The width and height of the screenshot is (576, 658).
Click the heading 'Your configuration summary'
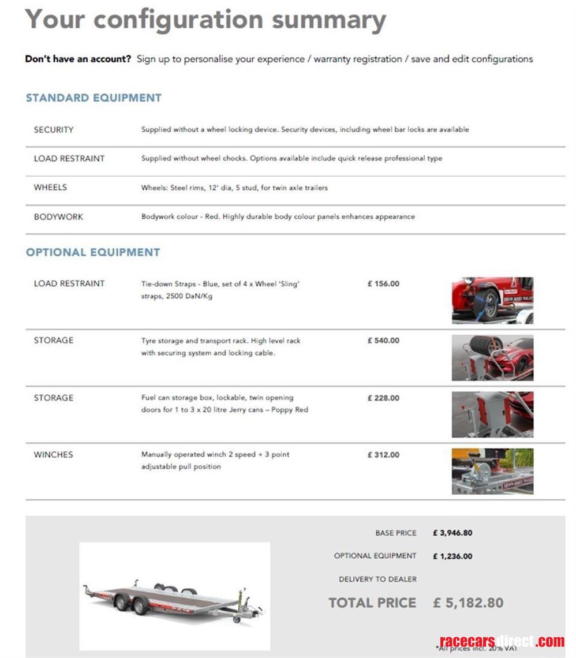(x=205, y=20)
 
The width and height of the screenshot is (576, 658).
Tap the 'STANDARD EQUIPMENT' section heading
(x=93, y=98)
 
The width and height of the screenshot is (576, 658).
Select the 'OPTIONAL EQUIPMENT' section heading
(x=93, y=252)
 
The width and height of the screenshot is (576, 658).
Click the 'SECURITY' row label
(x=54, y=130)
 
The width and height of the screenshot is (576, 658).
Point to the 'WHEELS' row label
(x=50, y=188)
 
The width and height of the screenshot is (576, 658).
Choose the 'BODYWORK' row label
(x=58, y=217)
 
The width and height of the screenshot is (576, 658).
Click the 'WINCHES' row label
(x=54, y=455)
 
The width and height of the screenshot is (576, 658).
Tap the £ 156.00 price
(x=383, y=284)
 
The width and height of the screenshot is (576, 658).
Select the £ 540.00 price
(x=383, y=341)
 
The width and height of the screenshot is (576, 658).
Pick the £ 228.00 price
(x=383, y=398)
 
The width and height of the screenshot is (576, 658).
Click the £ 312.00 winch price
(x=383, y=455)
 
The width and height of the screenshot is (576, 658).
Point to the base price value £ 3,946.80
(x=452, y=533)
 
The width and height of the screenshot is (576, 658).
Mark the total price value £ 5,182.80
(x=468, y=603)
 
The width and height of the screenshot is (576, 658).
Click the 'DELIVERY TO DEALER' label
(x=377, y=579)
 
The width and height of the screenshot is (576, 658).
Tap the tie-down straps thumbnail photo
(x=492, y=300)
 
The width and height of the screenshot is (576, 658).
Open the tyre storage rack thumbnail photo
(x=492, y=358)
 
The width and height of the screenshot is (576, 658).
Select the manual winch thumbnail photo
(x=492, y=471)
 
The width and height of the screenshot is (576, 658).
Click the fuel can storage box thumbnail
(x=492, y=414)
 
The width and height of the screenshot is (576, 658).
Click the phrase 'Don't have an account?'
(x=78, y=59)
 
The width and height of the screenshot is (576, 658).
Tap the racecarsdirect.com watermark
(x=502, y=641)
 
